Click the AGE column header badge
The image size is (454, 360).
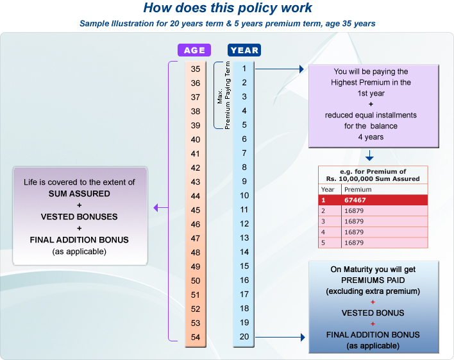point(194,50)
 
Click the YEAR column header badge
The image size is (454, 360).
point(244,50)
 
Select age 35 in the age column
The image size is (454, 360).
point(196,69)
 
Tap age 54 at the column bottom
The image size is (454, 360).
point(196,337)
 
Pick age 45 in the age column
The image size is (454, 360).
point(196,210)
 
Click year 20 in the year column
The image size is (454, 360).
point(244,337)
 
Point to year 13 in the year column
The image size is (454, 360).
point(244,238)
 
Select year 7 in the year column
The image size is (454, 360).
point(244,153)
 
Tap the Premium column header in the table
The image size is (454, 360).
point(357,190)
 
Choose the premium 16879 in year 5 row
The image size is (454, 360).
point(354,243)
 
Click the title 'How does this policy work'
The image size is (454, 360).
point(228,8)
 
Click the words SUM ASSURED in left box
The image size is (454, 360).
point(80,194)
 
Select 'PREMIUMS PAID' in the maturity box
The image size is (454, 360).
point(373,280)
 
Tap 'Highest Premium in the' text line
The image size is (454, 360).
point(371,83)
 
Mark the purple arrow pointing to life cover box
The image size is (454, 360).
point(160,207)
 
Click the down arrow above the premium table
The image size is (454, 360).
point(369,156)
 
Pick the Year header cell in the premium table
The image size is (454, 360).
point(328,190)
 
